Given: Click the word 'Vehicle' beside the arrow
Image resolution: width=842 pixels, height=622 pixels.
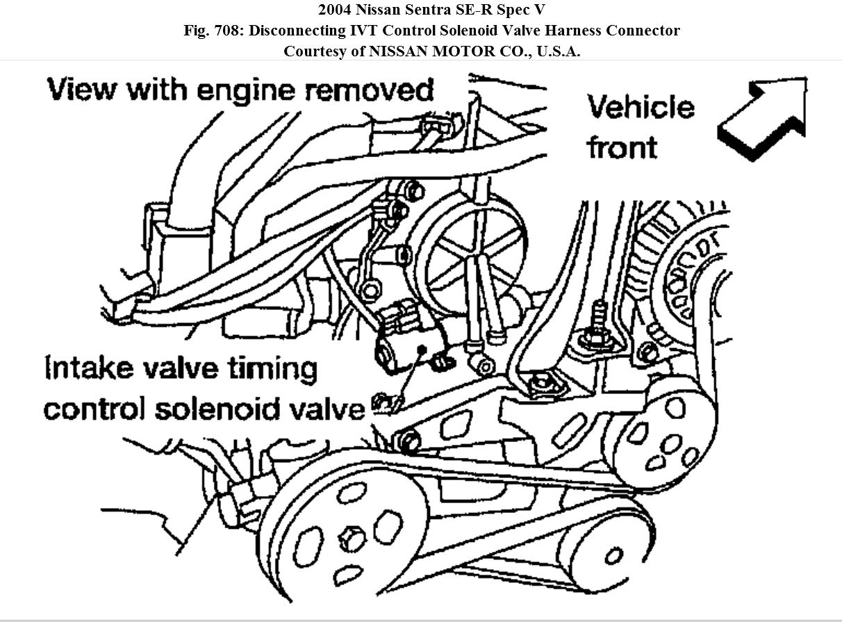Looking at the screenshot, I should click(x=641, y=108).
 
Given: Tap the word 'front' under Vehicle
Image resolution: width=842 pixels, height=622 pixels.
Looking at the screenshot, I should click(x=622, y=147).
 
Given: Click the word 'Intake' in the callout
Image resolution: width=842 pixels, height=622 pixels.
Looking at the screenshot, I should click(x=89, y=368).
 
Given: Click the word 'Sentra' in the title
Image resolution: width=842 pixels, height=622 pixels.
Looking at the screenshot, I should click(x=440, y=10).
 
